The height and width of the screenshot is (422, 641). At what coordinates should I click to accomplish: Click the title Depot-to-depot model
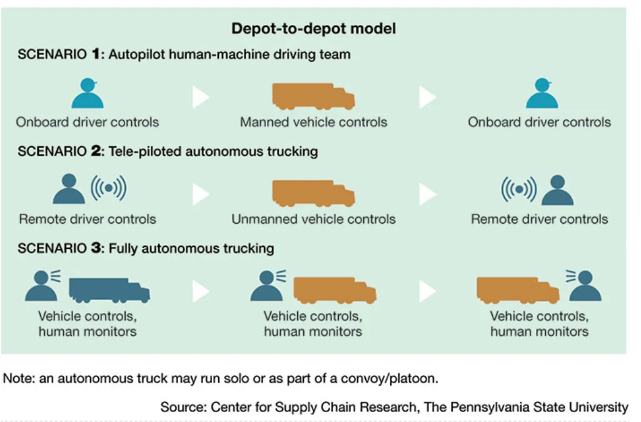(x=313, y=29)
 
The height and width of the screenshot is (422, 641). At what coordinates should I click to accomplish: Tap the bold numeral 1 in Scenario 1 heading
(x=96, y=54)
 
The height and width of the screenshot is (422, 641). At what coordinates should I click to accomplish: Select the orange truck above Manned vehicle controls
(x=313, y=96)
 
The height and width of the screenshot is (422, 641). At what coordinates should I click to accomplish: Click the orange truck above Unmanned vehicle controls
(x=313, y=193)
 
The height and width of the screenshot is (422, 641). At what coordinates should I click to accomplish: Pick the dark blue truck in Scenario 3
(x=109, y=290)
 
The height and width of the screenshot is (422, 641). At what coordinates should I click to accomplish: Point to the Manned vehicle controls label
(x=313, y=122)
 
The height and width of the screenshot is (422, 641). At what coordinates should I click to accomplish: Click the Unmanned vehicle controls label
(x=313, y=219)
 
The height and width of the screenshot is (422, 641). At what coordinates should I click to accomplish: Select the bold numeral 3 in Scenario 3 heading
(x=96, y=248)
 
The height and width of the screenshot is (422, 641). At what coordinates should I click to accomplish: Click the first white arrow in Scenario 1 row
(x=200, y=97)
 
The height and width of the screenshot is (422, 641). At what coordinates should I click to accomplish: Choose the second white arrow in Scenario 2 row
(x=427, y=194)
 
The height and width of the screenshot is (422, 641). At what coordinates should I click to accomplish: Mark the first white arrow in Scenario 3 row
(x=200, y=291)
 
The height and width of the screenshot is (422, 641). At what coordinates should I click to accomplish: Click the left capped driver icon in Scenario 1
(x=88, y=93)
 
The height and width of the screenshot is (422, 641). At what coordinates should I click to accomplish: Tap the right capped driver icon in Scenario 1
(x=542, y=93)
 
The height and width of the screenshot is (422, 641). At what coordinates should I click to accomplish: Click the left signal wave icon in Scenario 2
(x=108, y=188)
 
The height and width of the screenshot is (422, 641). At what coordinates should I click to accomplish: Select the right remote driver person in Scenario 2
(x=558, y=190)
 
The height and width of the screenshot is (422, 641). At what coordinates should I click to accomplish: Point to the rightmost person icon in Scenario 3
(x=585, y=286)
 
